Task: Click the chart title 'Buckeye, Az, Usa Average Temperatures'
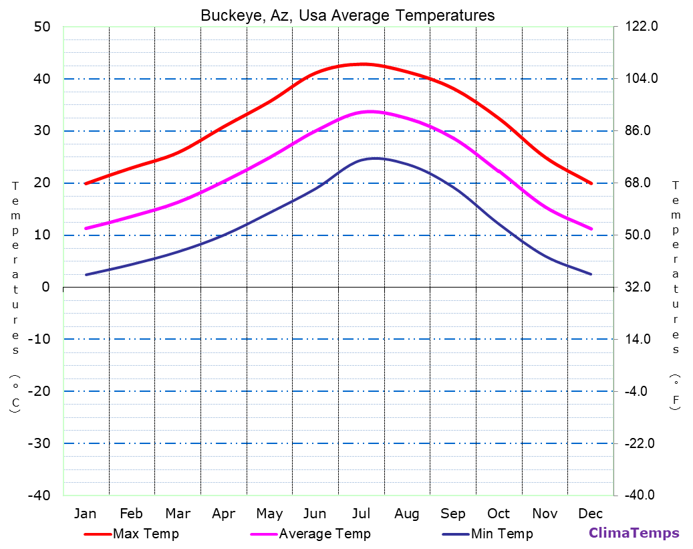(348, 15)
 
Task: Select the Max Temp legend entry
(146, 534)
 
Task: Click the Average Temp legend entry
(324, 534)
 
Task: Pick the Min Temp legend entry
(501, 534)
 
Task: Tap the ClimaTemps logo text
(634, 533)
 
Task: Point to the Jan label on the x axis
(85, 514)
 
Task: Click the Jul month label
(361, 514)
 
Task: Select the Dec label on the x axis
(591, 514)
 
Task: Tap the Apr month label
(223, 514)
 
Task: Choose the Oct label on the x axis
(499, 514)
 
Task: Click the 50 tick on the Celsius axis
(41, 27)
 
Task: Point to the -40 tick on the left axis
(37, 496)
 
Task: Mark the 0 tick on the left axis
(45, 287)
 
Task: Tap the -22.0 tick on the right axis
(641, 443)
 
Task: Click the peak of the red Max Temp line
(362, 64)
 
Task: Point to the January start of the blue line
(86, 274)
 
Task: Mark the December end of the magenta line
(591, 229)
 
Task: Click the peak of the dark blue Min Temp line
(374, 158)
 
